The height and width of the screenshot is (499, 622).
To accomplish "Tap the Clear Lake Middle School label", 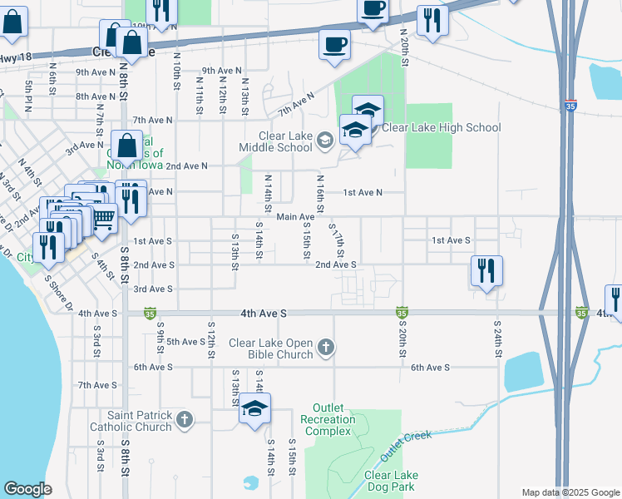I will tap(274, 141).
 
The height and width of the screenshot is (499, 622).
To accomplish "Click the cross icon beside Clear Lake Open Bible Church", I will tap(327, 348).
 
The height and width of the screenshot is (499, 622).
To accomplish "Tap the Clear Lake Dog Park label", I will tap(391, 481).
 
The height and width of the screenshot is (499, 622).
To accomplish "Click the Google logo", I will tap(27, 489).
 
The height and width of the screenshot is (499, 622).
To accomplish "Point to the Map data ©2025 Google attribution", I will tap(570, 492).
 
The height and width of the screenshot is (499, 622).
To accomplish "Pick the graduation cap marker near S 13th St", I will tap(254, 408).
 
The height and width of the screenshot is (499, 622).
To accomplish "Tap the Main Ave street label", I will tap(295, 217).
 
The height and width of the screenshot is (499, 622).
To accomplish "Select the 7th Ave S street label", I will tap(97, 385).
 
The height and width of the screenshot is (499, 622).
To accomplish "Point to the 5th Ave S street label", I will tap(186, 342).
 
